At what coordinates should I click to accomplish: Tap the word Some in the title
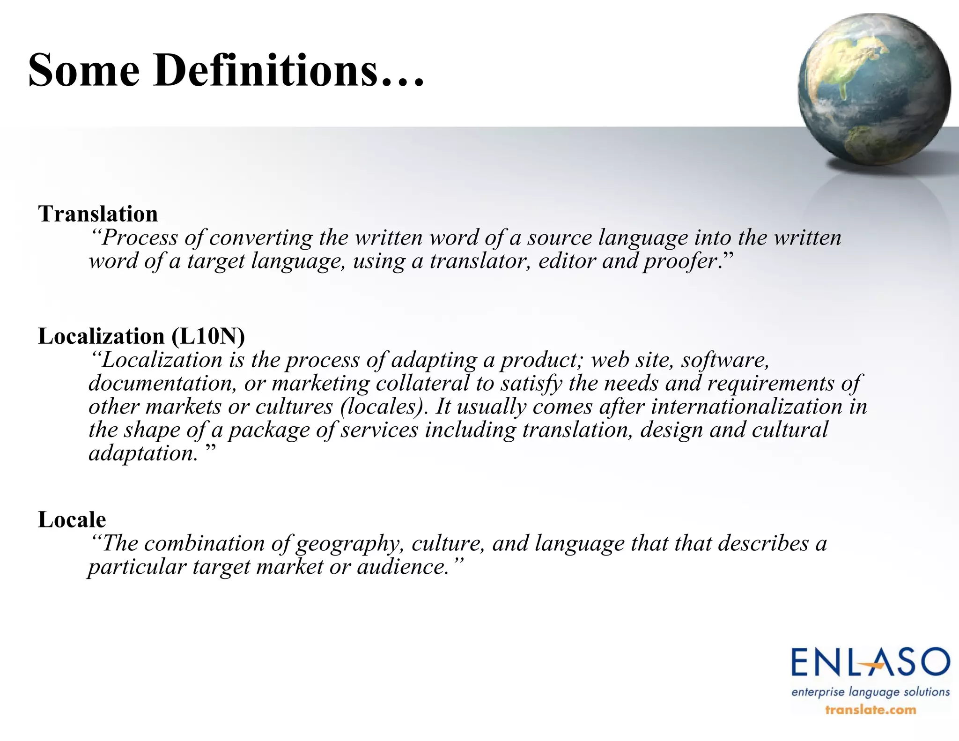[84, 70]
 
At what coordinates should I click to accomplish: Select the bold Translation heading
[98, 214]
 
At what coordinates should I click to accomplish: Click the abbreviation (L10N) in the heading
[208, 336]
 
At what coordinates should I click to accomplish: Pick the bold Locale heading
[72, 519]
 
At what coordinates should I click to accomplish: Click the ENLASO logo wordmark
[870, 662]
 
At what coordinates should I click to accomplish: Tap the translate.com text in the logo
[870, 710]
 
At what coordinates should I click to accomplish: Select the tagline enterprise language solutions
[870, 692]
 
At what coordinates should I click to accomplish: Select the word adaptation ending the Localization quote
[143, 453]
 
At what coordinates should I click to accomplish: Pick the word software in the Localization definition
[725, 360]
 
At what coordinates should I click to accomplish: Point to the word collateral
[422, 383]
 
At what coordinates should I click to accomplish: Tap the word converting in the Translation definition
[261, 237]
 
